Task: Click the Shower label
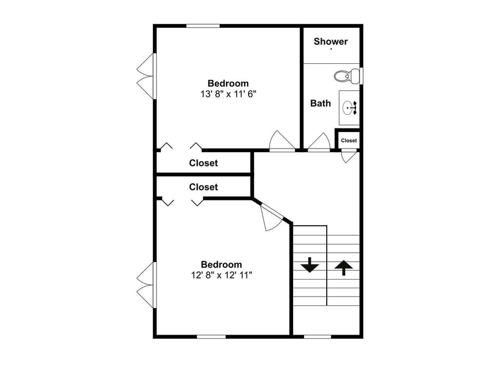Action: click(x=331, y=42)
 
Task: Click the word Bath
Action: click(x=320, y=103)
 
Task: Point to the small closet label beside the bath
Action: click(x=349, y=140)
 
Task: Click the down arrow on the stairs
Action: click(x=310, y=266)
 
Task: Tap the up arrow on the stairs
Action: click(x=344, y=267)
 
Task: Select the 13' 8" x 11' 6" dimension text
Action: click(x=228, y=94)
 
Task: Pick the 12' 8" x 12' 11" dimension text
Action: click(x=221, y=275)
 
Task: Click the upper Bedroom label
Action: click(x=228, y=83)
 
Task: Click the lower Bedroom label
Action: click(x=221, y=265)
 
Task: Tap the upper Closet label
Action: click(x=203, y=163)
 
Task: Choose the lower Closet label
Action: click(x=203, y=187)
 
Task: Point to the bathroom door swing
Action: click(x=320, y=142)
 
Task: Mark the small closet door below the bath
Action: click(x=349, y=155)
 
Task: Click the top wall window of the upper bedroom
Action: click(x=203, y=26)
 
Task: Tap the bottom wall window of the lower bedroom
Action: click(x=211, y=337)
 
